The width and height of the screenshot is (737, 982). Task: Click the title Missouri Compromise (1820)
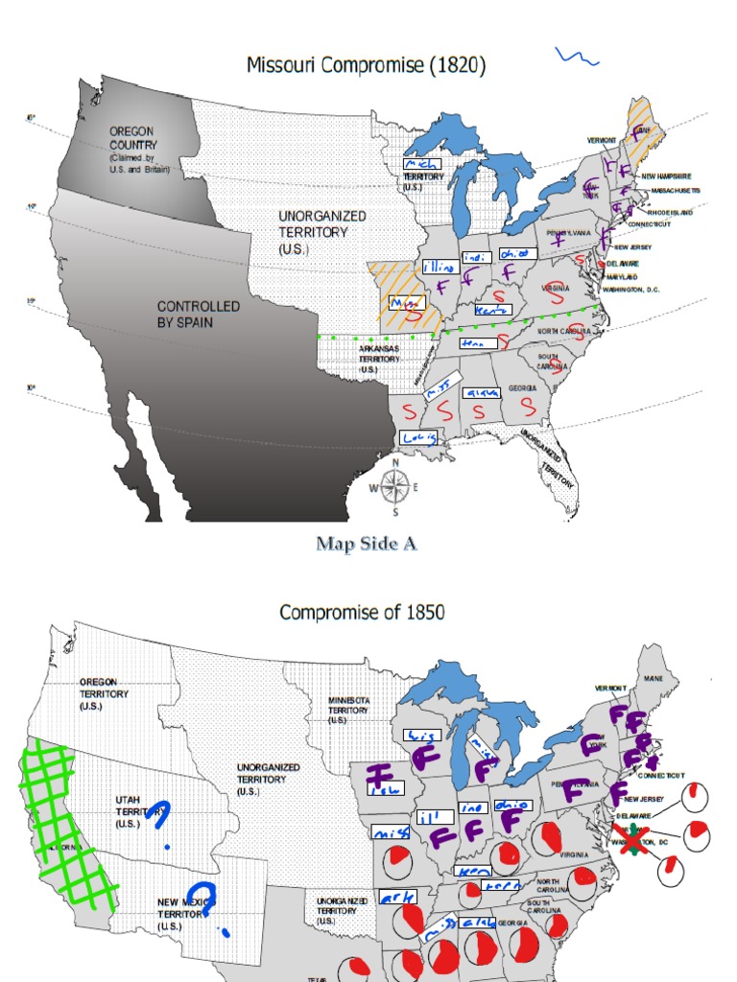(366, 66)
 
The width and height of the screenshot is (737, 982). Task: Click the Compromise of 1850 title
(362, 612)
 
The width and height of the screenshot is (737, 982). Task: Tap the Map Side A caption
(368, 544)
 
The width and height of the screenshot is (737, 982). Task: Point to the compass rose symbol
(394, 487)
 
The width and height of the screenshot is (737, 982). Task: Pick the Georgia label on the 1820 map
(523, 387)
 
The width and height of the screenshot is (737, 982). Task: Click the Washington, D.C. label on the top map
(630, 289)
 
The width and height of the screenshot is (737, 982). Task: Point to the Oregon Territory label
(105, 693)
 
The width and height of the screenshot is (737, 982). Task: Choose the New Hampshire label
(666, 176)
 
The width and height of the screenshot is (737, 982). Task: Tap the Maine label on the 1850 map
(654, 679)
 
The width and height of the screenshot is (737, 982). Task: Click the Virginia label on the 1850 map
(574, 854)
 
